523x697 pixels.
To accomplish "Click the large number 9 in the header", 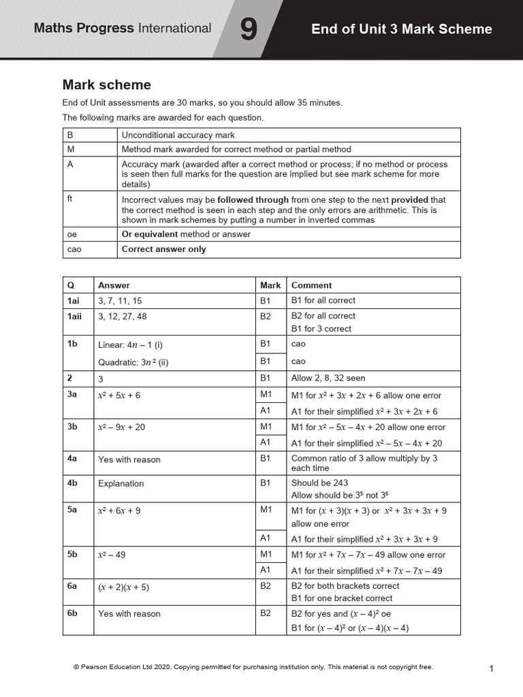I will click(249, 30).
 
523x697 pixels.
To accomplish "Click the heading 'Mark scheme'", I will click(107, 85).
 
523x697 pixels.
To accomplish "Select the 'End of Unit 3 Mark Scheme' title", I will click(401, 29).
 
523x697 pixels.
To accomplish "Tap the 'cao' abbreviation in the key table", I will click(74, 249).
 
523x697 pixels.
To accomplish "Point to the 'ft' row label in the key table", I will click(70, 199).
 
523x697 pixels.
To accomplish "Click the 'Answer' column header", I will click(114, 285).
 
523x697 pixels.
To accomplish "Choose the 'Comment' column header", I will click(311, 285).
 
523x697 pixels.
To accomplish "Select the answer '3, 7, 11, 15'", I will click(121, 300).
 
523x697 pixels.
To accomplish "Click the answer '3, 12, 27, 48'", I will click(123, 316).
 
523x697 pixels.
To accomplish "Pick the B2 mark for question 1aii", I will click(266, 316).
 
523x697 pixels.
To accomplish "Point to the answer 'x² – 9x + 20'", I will click(121, 427).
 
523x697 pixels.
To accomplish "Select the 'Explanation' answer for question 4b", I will click(121, 483).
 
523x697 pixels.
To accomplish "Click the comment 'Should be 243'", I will click(319, 483).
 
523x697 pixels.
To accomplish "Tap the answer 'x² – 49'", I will click(112, 555).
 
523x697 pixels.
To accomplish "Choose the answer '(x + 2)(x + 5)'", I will click(123, 586).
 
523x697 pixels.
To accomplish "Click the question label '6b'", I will click(72, 613).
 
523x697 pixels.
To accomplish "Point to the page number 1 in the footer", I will click(491, 669).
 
